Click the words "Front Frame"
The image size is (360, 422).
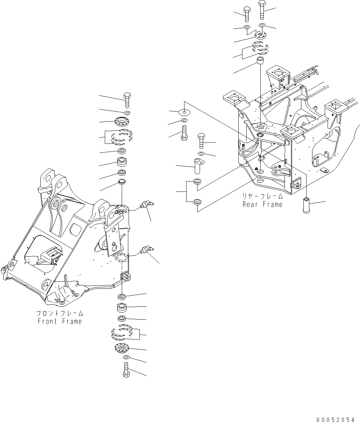point(60,321)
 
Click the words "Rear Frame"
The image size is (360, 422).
point(262,204)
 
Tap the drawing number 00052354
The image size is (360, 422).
point(335,419)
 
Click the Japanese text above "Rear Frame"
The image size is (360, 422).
point(262,196)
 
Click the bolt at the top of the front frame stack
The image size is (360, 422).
point(126,100)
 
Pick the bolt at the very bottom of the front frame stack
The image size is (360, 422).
point(126,370)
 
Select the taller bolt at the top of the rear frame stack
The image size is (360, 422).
point(261,9)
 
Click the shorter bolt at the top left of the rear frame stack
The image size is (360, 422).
point(247,13)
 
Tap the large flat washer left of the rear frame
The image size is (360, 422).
point(184,112)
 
